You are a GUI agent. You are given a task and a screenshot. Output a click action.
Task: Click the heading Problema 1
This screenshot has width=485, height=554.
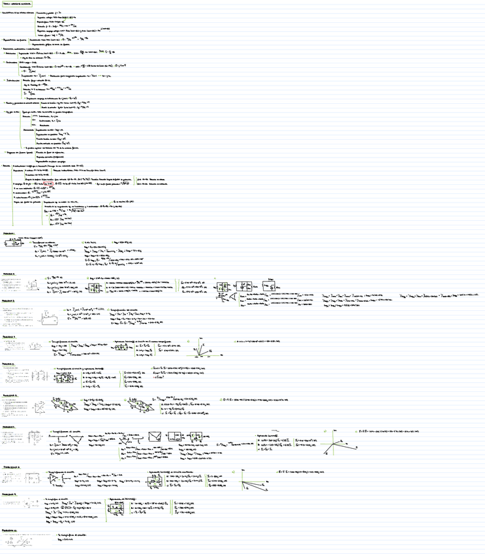click(x=9, y=232)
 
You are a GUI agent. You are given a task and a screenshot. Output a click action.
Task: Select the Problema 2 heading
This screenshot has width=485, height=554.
click(x=9, y=274)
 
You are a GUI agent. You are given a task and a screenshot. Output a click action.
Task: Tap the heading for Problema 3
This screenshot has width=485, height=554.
click(x=9, y=301)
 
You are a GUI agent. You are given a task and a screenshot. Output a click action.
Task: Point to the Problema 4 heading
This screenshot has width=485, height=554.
click(x=9, y=336)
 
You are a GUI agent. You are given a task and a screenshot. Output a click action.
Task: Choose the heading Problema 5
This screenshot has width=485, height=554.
click(x=9, y=364)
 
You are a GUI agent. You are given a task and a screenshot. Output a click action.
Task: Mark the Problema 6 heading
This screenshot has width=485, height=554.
click(x=9, y=395)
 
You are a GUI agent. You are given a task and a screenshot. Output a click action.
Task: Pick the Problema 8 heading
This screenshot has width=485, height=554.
click(x=11, y=468)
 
